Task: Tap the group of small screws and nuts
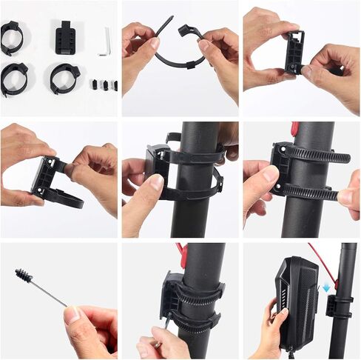[x=104, y=84]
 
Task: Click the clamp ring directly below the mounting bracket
[x=64, y=78]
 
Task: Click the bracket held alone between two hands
[x=294, y=52]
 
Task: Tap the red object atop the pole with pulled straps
[x=295, y=128]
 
